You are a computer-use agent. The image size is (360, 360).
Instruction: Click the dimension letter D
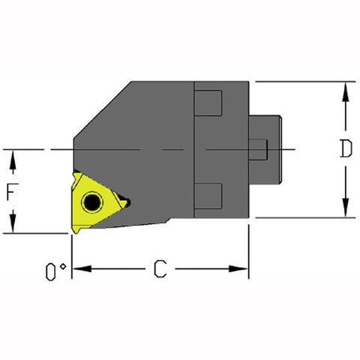(344, 149)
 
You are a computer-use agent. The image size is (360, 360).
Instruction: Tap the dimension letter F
(11, 192)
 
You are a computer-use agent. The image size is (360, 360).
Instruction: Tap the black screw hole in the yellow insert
(92, 202)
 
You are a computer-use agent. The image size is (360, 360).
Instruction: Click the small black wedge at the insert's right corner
(124, 202)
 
